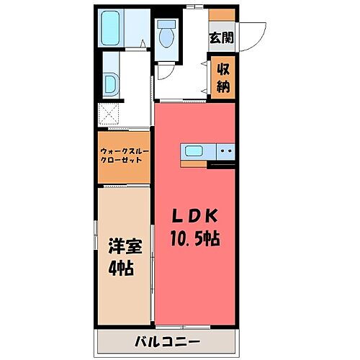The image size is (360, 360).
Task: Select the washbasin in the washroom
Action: tap(111, 84)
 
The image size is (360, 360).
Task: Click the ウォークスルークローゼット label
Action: tap(125, 156)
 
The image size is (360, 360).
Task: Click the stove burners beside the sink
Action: tap(225, 151)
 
